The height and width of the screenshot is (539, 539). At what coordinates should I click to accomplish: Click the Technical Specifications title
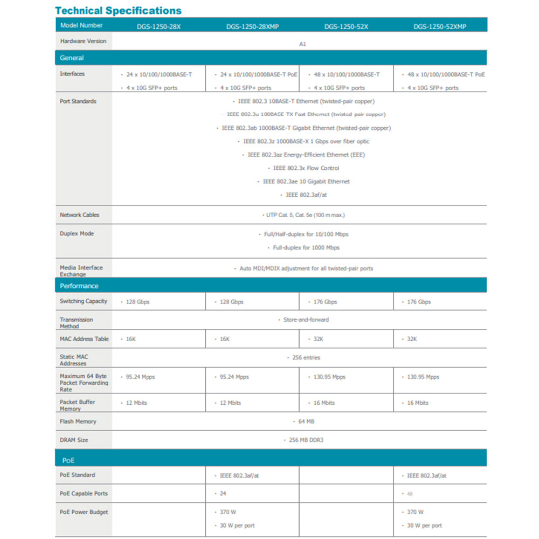(x=119, y=10)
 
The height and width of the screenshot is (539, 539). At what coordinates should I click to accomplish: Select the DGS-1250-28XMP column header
(x=252, y=26)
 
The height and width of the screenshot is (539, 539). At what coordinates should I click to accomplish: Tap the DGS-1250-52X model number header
(x=346, y=26)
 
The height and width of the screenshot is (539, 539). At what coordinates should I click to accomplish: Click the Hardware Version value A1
(x=302, y=44)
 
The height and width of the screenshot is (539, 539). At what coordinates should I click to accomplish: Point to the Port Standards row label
(x=78, y=101)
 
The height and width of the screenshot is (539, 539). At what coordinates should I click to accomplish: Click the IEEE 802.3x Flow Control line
(x=306, y=168)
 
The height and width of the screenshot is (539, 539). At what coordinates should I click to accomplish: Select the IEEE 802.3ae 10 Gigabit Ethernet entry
(x=306, y=182)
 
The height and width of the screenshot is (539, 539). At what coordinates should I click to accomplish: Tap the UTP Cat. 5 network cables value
(x=305, y=215)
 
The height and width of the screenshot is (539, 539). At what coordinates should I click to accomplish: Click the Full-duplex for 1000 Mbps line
(x=306, y=248)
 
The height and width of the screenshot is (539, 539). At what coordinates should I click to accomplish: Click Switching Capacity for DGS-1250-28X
(x=137, y=302)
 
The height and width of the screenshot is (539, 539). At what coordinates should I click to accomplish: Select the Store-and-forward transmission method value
(x=306, y=320)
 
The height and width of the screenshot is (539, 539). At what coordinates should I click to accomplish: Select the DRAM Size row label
(x=74, y=440)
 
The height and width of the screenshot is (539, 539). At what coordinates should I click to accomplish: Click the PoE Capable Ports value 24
(x=223, y=494)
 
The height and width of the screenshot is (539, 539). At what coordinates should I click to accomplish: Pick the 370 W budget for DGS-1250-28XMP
(x=229, y=512)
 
